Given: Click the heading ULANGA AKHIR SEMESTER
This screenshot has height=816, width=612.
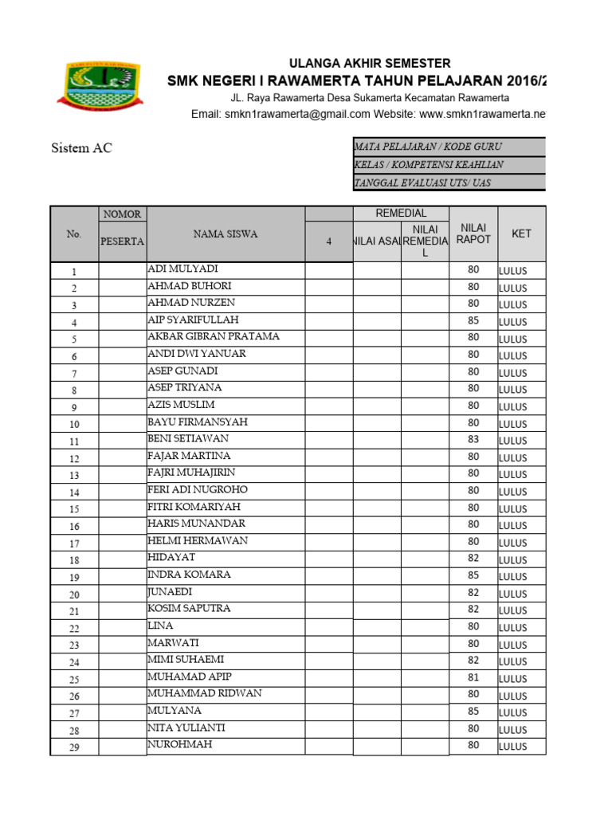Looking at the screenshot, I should pos(369,63).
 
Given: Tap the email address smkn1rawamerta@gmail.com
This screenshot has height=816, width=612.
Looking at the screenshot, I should pos(297,115).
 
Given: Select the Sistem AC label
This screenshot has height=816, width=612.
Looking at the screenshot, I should pos(81,148).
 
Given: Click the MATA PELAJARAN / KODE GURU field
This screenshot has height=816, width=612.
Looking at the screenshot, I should pos(429,147).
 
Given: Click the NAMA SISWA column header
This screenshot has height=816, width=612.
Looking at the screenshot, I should pos(226,234).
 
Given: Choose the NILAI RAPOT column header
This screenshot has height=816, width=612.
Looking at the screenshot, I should pos(473,234).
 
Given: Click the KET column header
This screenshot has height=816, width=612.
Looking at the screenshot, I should pos(521,234).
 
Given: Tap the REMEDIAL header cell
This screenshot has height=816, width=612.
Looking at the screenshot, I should pos(401,214).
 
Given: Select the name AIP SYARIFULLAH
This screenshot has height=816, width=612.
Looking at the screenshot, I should pos(193,320).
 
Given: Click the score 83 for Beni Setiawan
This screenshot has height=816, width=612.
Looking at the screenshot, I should pos(473,439).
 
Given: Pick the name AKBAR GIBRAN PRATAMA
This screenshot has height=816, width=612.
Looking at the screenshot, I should pos(214,336).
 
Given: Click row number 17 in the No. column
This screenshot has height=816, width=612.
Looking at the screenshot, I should pos(74,543).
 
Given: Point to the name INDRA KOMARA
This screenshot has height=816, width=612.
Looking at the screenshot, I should pos(190,575).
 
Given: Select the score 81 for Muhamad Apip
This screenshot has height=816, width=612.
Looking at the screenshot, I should pos(473,677).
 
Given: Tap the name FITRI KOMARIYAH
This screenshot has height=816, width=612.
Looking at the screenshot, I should pos(194,507).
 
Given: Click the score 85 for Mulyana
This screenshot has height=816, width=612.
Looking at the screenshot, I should pos(473,711).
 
